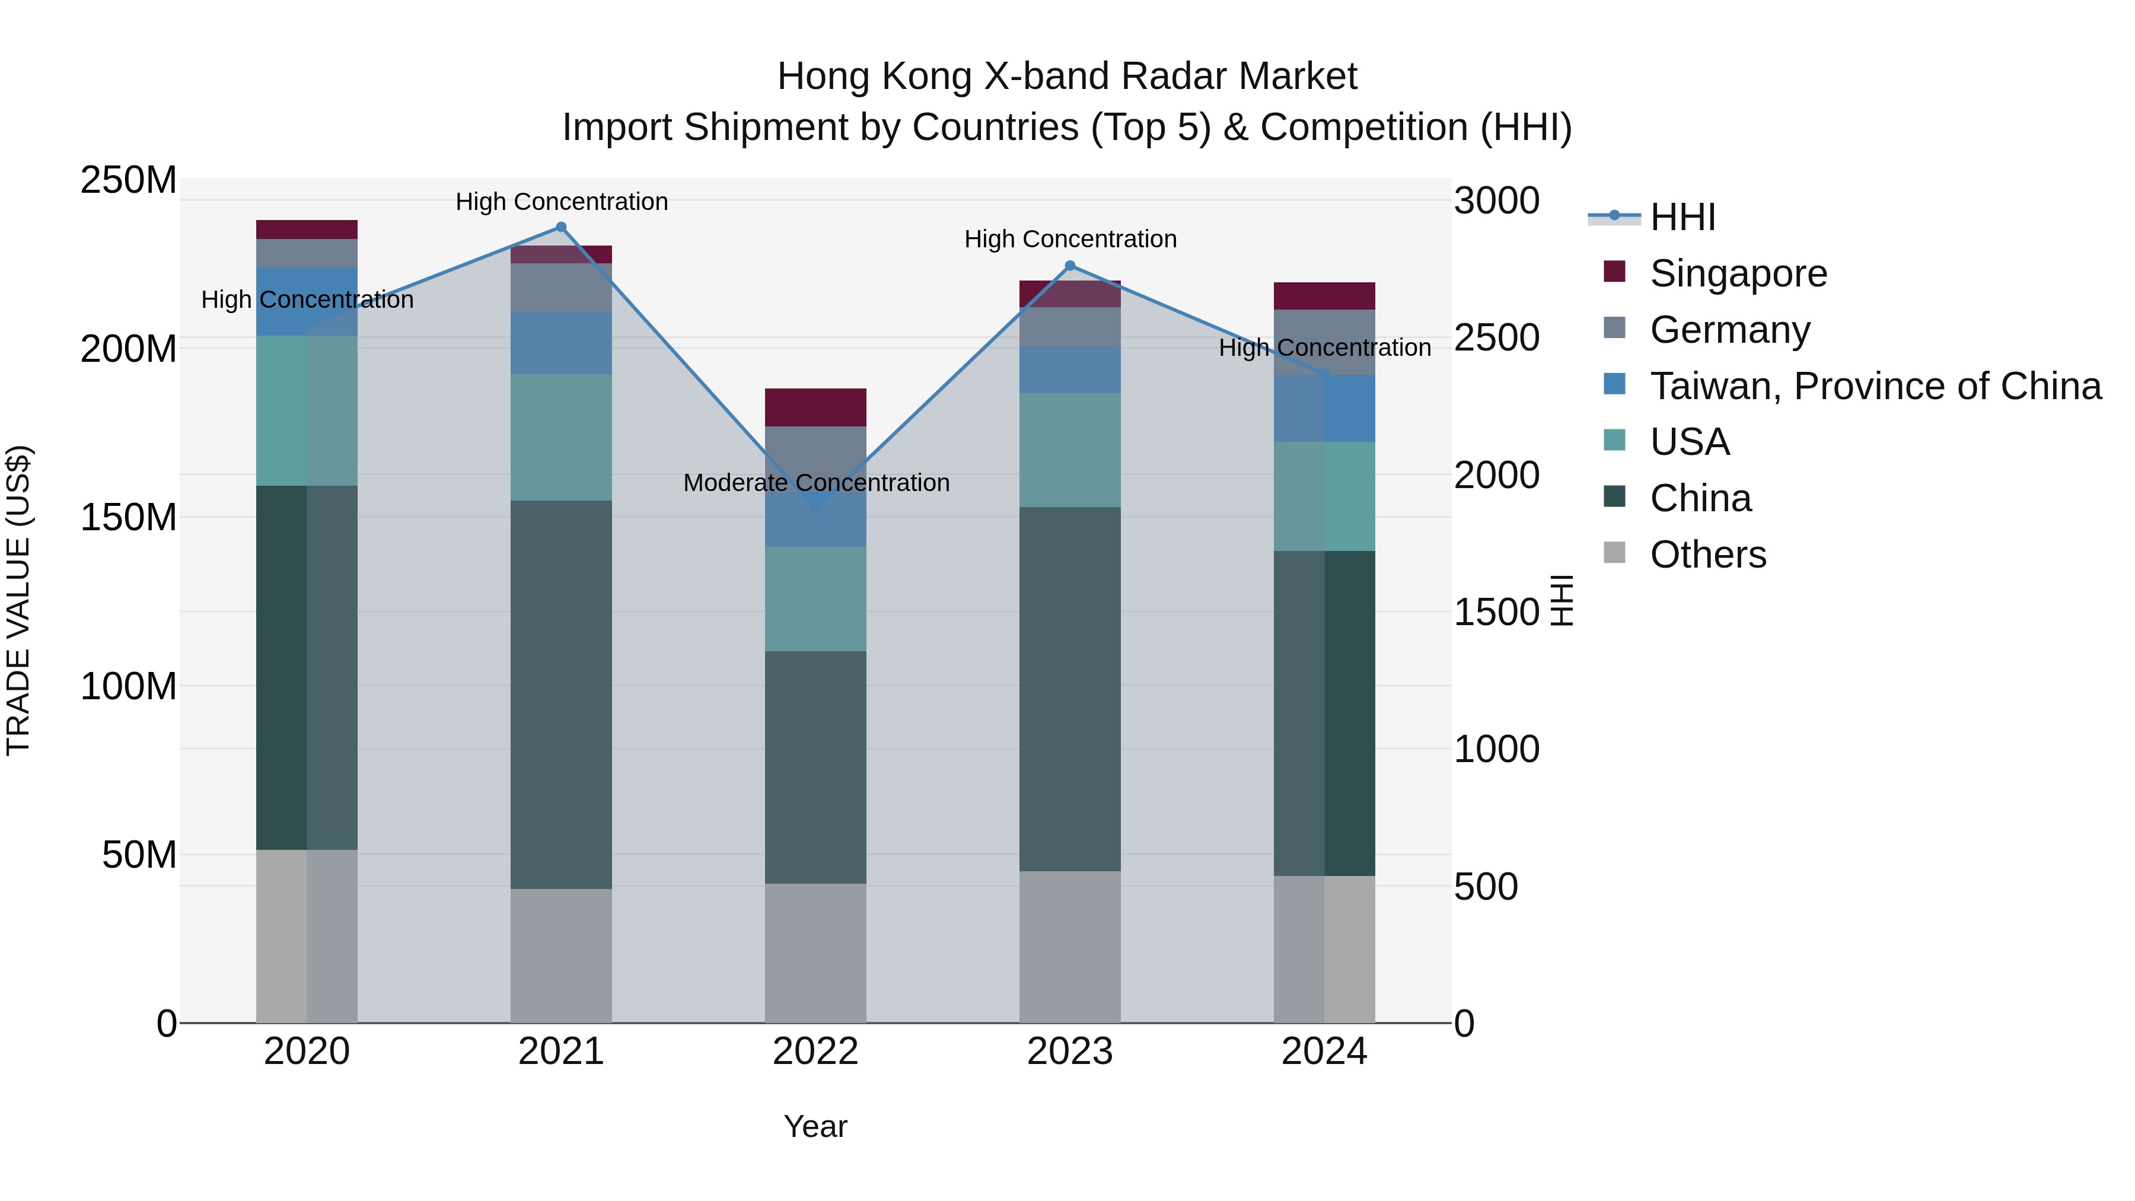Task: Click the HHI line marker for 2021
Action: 561,227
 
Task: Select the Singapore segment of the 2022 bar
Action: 815,407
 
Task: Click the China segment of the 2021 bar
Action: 561,695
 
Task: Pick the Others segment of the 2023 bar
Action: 1070,947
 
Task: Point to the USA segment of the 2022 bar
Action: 815,598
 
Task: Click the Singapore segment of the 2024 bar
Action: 1324,296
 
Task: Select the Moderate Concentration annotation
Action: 817,482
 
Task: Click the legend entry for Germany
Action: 1730,330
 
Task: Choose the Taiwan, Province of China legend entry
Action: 1875,386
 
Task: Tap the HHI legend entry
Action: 1682,217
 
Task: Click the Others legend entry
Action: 1707,555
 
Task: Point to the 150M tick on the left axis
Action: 129,518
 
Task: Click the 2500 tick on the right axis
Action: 1497,338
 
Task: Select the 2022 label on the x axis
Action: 815,1052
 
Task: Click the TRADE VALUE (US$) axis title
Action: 18,600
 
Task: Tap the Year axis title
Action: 815,1126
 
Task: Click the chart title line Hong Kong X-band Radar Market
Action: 1067,77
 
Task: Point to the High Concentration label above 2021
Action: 562,202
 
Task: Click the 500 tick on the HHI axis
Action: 1486,887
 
